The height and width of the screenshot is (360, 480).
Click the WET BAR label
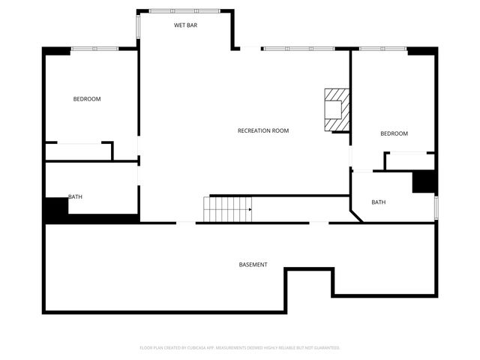coord(185,25)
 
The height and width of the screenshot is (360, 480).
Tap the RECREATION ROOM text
coord(263,130)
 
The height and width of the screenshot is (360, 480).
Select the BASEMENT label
coord(253,265)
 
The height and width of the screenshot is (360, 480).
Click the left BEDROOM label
coord(86,99)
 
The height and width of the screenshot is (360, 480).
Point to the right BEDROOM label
coord(394,133)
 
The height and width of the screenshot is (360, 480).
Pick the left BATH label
coord(75,197)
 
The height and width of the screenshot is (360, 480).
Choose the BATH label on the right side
coord(379,202)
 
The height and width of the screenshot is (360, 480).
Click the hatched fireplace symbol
coord(336,110)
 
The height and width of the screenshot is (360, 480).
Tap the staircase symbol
coord(226,208)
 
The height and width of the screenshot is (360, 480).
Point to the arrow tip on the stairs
coord(250,209)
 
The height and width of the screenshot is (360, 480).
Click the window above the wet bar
coord(184,10)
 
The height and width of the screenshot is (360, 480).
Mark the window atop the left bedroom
coord(94,49)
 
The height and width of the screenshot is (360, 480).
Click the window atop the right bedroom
coord(382,49)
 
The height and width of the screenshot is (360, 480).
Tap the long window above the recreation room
coord(298,49)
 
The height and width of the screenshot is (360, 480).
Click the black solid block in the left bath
coord(55,209)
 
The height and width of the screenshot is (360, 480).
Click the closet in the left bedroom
coord(78,151)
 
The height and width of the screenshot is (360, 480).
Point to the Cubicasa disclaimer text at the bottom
coord(240,348)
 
